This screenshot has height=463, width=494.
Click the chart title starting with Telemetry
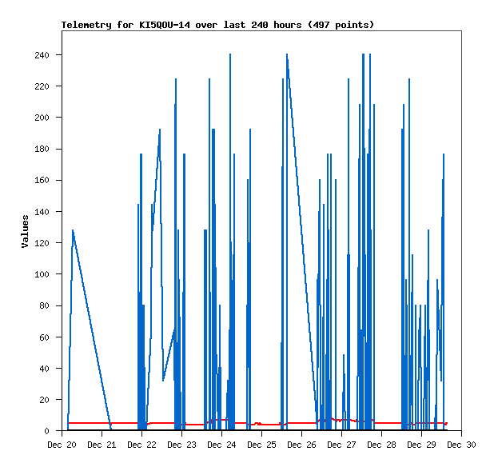tap(217, 25)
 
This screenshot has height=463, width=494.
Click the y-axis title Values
tap(25, 231)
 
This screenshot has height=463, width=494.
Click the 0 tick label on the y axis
tap(47, 431)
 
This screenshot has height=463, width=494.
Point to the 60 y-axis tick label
tap(45, 337)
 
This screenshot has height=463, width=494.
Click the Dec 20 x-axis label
tap(62, 445)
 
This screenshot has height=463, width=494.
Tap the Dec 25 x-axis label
tap(261, 445)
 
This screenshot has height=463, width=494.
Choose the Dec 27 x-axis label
tap(341, 445)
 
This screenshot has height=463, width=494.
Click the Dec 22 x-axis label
tap(141, 445)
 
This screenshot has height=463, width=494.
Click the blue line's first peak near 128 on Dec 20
tap(73, 230)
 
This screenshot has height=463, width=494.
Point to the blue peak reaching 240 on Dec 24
tap(230, 55)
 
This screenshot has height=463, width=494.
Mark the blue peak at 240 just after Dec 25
tap(286, 55)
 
